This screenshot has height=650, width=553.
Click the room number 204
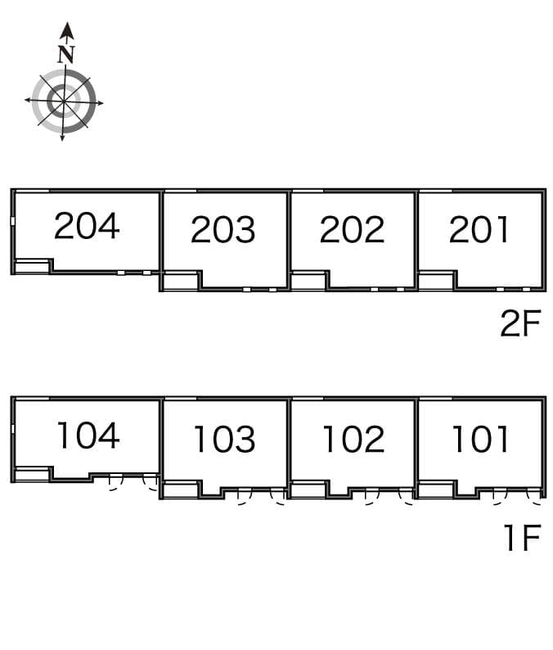[x=87, y=226]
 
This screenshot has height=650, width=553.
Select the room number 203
[x=223, y=229]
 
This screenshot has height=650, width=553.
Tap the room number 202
[x=352, y=229]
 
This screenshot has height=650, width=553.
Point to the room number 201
[x=479, y=229]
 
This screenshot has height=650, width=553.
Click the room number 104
[x=88, y=436]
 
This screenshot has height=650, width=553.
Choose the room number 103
[x=224, y=439]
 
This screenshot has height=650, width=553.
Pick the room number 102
[x=353, y=439]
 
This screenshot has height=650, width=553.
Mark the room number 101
[x=480, y=439]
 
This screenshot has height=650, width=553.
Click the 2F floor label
[x=521, y=323]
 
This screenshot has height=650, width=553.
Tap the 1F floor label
[x=523, y=537]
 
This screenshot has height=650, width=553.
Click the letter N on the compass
[x=66, y=54]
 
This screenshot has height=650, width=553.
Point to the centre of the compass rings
[x=64, y=101]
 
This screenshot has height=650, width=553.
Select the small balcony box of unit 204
[x=32, y=267]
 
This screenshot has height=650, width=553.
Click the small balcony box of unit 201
[x=436, y=281]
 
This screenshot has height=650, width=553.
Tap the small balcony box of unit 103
[x=181, y=490]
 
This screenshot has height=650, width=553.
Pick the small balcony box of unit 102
[x=309, y=490]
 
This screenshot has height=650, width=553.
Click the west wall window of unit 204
[x=13, y=221]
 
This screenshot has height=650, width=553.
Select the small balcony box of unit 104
[x=32, y=474]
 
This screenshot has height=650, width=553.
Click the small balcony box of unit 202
[x=309, y=281]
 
